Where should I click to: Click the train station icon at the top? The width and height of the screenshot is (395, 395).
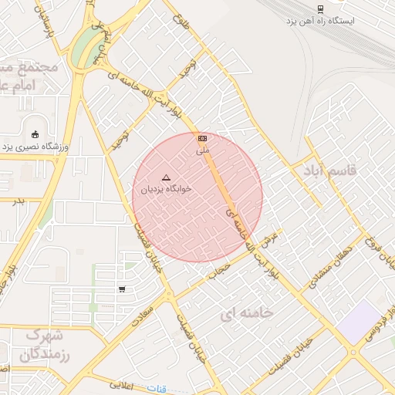point(319,8)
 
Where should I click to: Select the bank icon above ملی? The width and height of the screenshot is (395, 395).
point(202,138)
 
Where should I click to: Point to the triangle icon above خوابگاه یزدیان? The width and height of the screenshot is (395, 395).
point(166,177)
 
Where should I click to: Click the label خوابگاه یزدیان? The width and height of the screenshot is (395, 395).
point(166,188)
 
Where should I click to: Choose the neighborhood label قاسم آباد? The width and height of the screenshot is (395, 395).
point(330,170)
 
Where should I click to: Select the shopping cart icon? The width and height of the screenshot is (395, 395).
point(122,289)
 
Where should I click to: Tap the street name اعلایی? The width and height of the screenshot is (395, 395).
point(122,383)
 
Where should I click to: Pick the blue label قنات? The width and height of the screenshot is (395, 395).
point(157,389)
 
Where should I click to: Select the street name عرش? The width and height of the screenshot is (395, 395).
point(270,239)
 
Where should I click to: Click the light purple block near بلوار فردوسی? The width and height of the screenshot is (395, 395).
point(360,322)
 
